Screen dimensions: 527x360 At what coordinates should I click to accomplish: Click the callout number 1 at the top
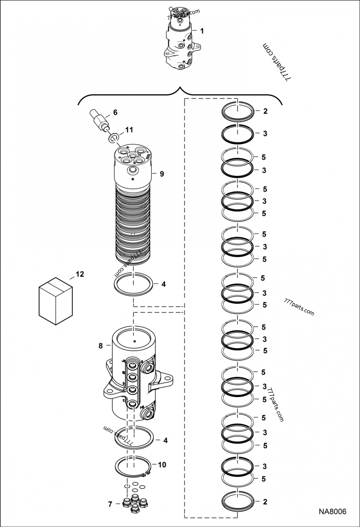point(202,31)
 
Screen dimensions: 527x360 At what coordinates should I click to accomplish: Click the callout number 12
point(80,273)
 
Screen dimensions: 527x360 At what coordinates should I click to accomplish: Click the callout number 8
point(100,345)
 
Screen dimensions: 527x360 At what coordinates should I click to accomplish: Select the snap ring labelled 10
point(132,465)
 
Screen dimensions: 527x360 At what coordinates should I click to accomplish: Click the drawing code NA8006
point(333,512)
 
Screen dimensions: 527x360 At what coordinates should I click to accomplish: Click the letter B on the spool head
point(133,179)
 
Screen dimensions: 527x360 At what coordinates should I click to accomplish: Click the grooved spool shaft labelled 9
point(133,225)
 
